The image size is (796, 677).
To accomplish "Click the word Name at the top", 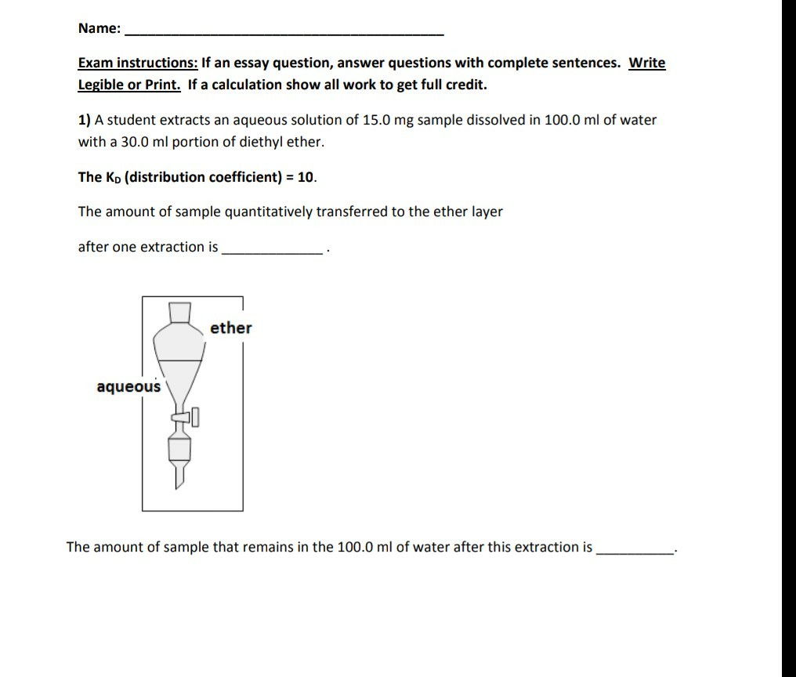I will tap(97, 29).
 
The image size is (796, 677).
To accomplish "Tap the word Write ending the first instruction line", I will tap(647, 63).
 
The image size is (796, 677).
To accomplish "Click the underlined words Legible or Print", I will tap(129, 85).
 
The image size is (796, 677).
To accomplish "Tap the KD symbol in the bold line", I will tap(112, 177).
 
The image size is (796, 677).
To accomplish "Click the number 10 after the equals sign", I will tap(306, 177).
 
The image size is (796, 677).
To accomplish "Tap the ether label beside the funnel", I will tap(231, 328).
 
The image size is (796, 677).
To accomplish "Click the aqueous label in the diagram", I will tap(128, 386).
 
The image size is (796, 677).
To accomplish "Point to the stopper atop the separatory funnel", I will tap(180, 312).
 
